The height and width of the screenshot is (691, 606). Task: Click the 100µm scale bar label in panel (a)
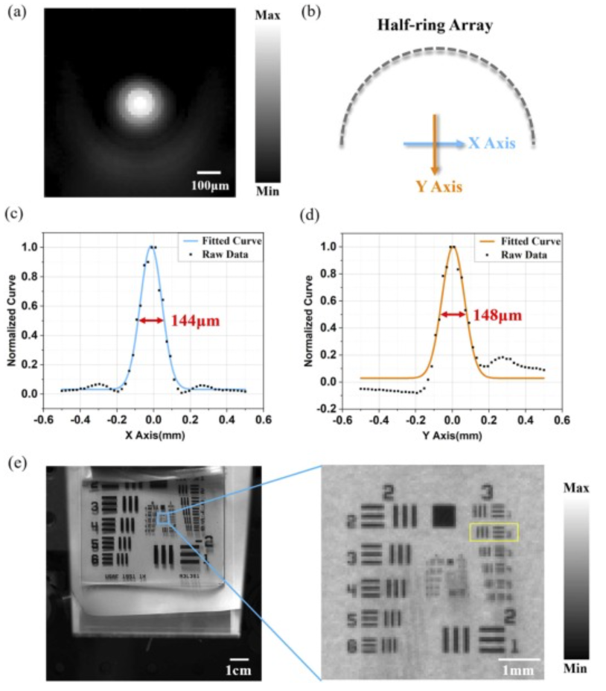tap(210, 183)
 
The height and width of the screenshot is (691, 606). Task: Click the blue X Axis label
tap(491, 143)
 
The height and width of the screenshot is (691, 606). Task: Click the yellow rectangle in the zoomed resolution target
tap(494, 531)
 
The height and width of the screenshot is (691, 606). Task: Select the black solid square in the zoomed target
tap(444, 515)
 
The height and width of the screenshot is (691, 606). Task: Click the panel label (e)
tap(16, 463)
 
